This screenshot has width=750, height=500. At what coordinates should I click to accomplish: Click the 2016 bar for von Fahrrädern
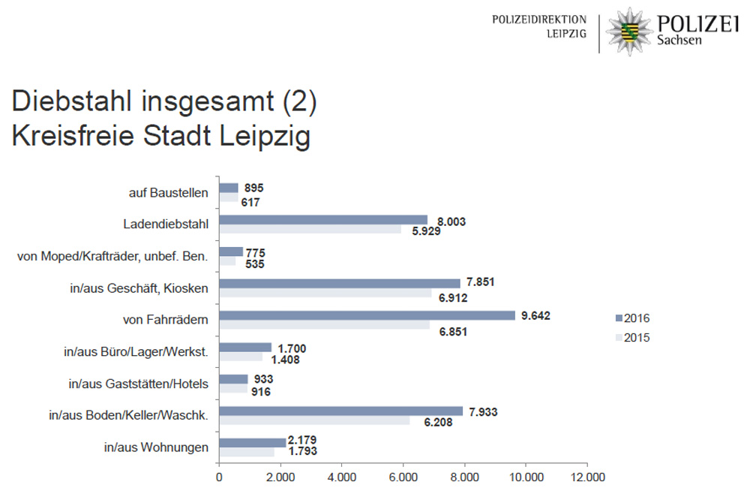click(367, 315)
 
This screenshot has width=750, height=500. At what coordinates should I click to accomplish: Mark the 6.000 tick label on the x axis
click(403, 477)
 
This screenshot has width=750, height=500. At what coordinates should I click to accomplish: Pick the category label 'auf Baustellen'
click(169, 193)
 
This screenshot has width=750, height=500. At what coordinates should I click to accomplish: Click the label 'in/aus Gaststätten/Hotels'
click(139, 384)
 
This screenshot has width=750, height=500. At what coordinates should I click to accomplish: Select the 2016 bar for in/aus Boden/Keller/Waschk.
click(341, 411)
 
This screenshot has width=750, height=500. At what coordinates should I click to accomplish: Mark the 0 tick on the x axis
click(219, 477)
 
